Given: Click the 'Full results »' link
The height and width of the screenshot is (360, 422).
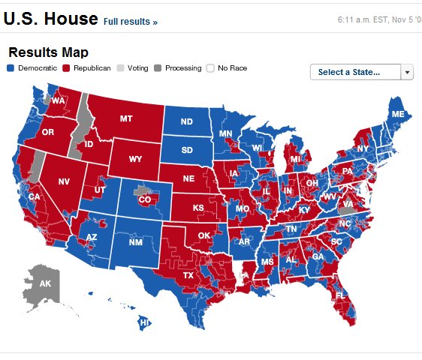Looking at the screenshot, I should [x=130, y=22].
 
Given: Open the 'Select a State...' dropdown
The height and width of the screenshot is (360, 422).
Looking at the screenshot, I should [x=361, y=72].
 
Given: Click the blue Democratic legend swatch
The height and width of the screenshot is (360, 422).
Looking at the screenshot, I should [x=11, y=68].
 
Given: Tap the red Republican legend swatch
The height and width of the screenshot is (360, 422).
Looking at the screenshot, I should [x=66, y=68].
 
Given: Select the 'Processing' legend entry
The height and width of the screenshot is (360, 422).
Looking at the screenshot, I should [x=178, y=68].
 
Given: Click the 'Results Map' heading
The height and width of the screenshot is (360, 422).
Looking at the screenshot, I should [x=48, y=52].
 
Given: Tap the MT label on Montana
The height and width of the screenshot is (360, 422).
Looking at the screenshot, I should [x=127, y=118].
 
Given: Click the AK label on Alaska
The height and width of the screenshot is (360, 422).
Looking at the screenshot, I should [x=45, y=284].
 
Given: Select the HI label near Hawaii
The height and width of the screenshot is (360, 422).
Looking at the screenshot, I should [x=144, y=323].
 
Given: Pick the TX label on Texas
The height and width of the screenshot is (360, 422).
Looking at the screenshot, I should [x=188, y=274].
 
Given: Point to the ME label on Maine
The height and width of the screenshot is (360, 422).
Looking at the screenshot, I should [x=398, y=114].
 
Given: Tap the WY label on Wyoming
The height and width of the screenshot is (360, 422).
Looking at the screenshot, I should [x=135, y=159].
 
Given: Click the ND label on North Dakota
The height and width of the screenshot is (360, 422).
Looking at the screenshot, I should [x=186, y=122].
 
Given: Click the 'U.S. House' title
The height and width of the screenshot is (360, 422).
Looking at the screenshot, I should [x=50, y=19].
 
